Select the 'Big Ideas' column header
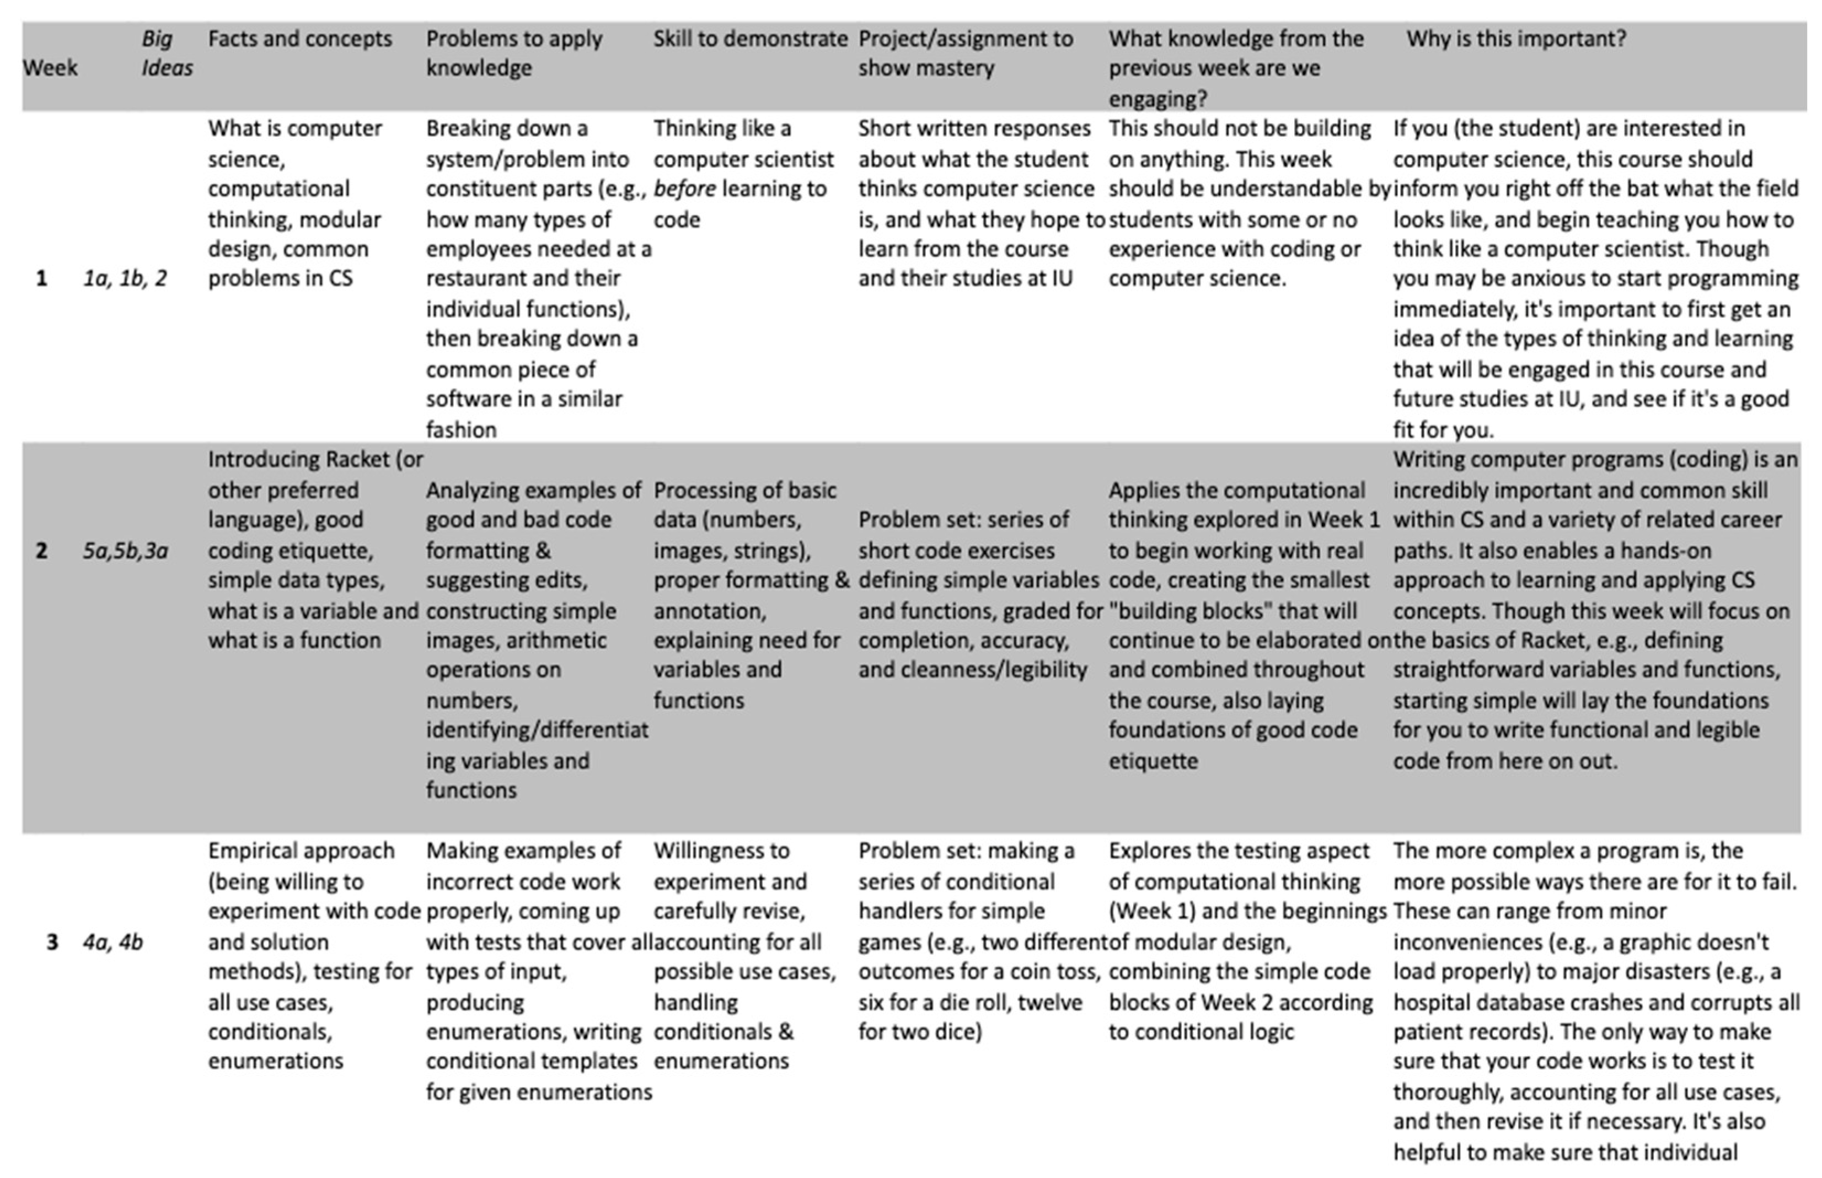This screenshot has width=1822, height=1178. tap(166, 53)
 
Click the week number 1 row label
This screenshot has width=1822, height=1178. tap(41, 278)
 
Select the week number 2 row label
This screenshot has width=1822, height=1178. tap(41, 551)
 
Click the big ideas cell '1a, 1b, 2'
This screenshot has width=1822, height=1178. tap(125, 278)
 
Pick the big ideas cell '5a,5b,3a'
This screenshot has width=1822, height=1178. tap(125, 551)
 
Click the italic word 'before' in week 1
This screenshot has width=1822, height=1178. tap(684, 189)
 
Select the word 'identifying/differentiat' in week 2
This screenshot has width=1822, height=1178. tap(537, 730)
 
